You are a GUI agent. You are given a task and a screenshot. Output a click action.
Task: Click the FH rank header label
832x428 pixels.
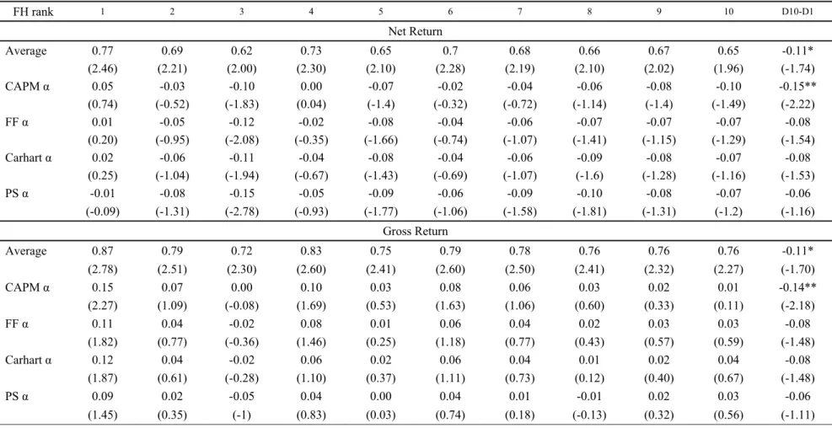click(30, 12)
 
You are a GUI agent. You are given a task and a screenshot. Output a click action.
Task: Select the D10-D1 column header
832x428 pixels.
click(797, 12)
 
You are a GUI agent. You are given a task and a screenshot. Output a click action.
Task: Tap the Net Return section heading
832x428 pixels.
click(416, 32)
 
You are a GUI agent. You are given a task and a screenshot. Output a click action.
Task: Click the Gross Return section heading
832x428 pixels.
click(416, 232)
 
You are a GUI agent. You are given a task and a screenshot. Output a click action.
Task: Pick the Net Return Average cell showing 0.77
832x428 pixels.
click(102, 51)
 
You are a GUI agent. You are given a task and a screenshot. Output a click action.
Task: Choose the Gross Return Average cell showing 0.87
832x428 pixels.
click(102, 251)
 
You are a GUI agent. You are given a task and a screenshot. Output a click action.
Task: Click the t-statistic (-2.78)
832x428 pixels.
click(241, 212)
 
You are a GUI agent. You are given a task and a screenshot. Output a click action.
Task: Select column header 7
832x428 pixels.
click(519, 12)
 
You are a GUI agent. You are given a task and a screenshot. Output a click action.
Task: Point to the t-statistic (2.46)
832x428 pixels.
click(102, 69)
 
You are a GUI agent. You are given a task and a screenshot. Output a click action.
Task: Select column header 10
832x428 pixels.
click(728, 12)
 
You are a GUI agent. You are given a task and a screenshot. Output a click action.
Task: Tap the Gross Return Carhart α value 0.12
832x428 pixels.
click(102, 360)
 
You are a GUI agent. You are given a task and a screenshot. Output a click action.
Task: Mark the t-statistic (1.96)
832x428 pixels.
click(728, 69)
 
